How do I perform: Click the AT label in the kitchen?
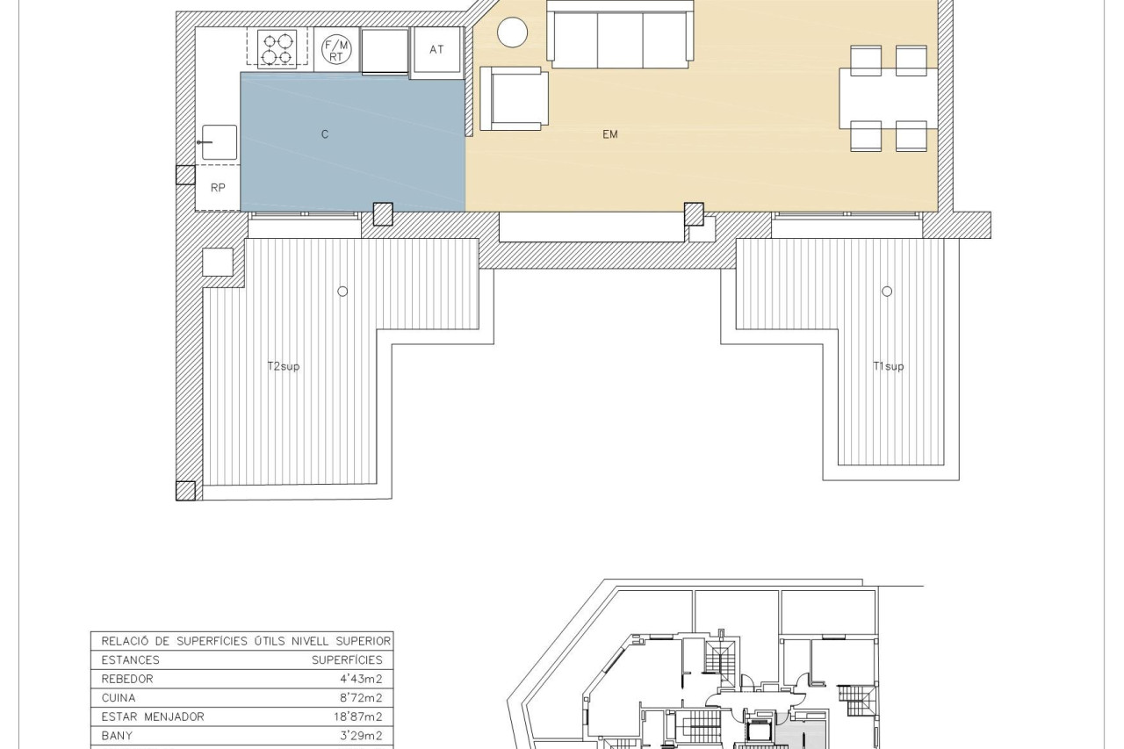tap(436, 50)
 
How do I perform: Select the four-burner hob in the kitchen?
tap(277, 48)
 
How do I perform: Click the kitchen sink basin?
tap(220, 142)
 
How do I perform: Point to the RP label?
tap(218, 188)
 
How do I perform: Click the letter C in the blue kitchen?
tap(325, 134)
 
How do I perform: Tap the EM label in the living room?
tap(610, 134)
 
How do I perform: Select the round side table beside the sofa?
tap(512, 32)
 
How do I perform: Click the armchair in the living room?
tap(514, 98)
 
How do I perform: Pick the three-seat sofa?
tap(620, 34)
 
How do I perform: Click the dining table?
tap(888, 98)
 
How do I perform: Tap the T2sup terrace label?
tap(284, 366)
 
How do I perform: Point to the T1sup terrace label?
tap(889, 366)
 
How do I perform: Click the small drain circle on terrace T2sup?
tap(342, 291)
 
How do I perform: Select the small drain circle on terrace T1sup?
tap(887, 291)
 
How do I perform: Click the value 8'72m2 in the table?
tap(361, 698)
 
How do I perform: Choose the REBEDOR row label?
tap(127, 679)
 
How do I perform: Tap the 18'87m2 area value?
tap(357, 717)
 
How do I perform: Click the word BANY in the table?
tap(117, 736)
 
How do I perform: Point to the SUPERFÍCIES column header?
tap(347, 660)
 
